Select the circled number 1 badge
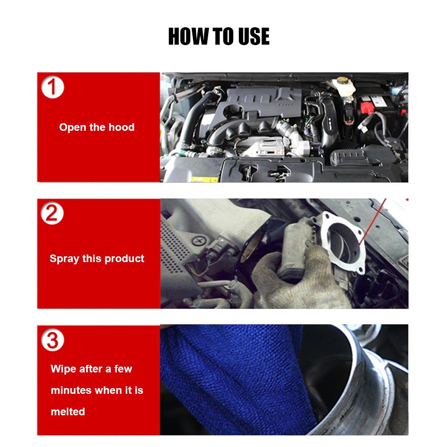click(x=52, y=87)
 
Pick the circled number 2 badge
click(x=52, y=214)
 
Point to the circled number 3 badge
click(x=52, y=341)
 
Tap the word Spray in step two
click(x=64, y=259)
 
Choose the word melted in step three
click(x=68, y=412)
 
